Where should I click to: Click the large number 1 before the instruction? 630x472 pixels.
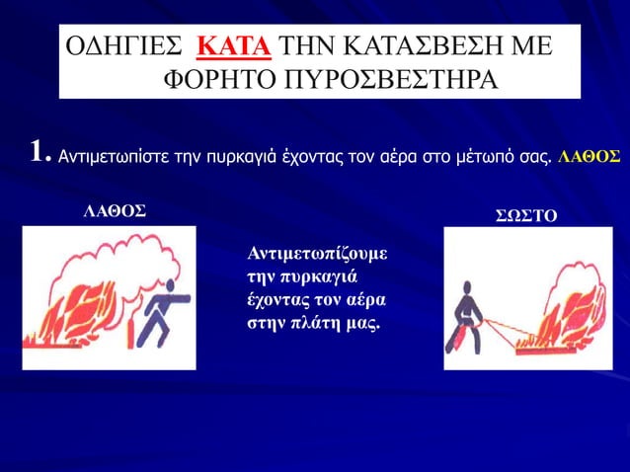[x=37, y=151]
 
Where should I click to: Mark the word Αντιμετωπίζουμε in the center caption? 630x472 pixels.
[x=315, y=255]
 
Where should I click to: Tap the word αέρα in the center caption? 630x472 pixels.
[x=363, y=300]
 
